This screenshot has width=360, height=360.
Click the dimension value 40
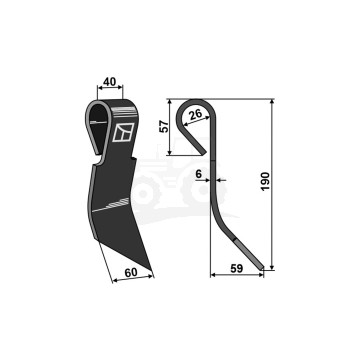pos(110,81)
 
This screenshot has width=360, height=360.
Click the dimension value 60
pos(131,272)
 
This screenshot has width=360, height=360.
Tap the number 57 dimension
pos(163,127)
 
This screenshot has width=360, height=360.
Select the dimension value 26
pos(195,114)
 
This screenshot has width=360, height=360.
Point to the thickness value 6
pos(199,174)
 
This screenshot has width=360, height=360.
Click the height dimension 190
pos(265,181)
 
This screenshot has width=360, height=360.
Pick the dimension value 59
pos(236,269)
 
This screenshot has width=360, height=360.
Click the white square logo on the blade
pos(123,132)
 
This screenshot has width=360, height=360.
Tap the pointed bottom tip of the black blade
pos(151,270)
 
